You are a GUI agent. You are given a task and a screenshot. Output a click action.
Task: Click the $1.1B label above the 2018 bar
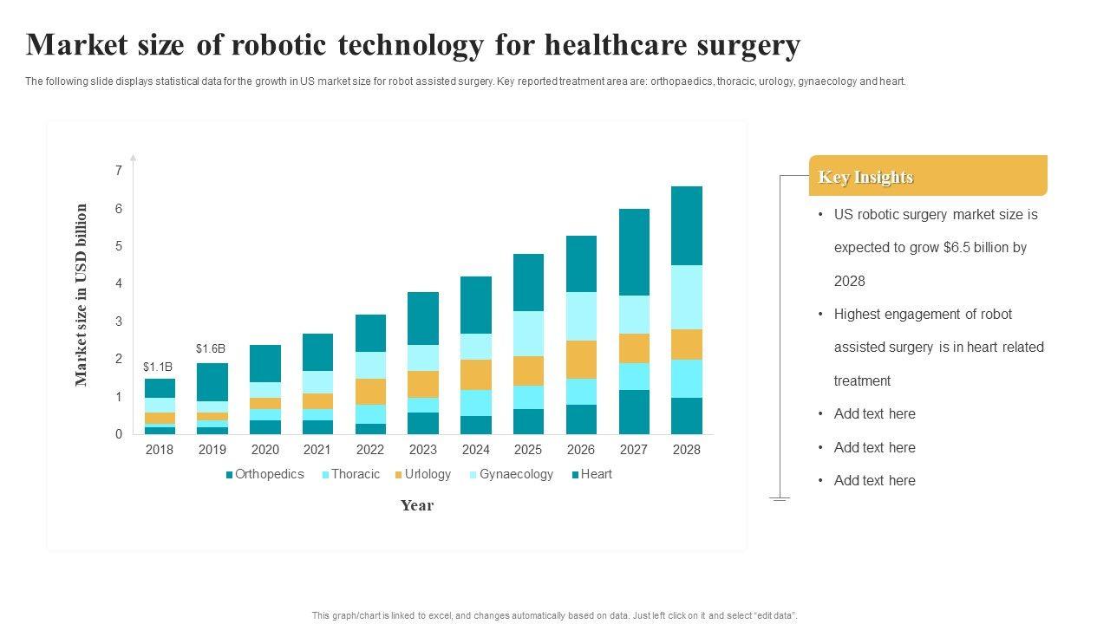click(158, 367)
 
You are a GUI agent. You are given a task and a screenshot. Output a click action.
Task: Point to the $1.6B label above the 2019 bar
click(211, 349)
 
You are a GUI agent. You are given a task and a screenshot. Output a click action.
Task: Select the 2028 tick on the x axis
click(686, 450)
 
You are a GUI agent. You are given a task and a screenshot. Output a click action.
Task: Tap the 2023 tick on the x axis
click(422, 450)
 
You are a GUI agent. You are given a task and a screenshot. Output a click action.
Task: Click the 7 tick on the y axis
click(119, 171)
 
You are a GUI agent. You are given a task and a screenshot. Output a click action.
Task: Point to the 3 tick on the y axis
click(119, 322)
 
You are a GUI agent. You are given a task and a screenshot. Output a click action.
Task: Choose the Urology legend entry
click(423, 474)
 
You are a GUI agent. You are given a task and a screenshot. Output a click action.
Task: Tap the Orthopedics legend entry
click(264, 474)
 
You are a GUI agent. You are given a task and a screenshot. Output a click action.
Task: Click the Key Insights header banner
click(927, 176)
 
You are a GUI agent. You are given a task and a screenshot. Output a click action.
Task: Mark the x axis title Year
click(417, 505)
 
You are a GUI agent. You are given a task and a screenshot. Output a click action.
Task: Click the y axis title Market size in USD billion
click(82, 295)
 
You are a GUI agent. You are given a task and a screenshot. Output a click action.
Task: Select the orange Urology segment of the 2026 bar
click(581, 360)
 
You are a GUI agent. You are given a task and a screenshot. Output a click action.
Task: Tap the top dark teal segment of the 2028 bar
click(686, 225)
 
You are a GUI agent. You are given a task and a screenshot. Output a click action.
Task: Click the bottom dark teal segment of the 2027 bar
click(634, 412)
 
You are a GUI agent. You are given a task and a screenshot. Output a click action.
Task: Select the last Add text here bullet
click(874, 481)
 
